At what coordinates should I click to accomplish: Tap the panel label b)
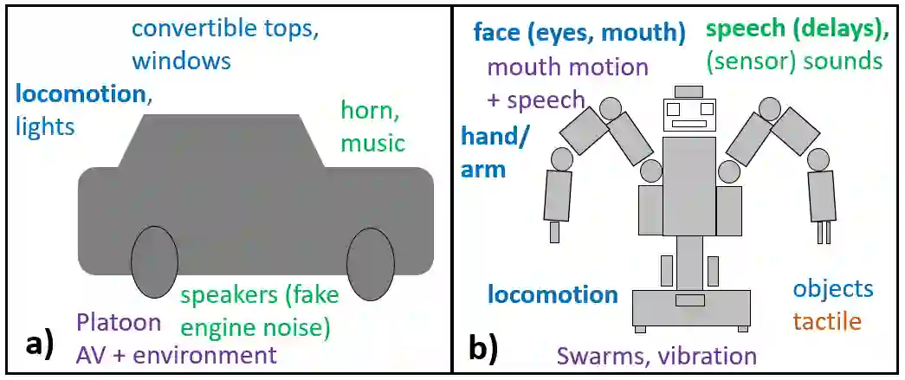click(482, 345)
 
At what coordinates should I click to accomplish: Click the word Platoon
click(118, 323)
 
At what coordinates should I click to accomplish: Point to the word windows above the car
click(182, 61)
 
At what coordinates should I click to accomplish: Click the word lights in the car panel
click(45, 127)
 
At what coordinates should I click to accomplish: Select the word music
click(372, 142)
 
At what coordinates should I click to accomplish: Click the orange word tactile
click(827, 321)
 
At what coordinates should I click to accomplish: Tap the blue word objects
click(833, 289)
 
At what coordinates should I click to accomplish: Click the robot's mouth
click(689, 124)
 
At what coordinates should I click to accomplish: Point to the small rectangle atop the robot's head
click(689, 91)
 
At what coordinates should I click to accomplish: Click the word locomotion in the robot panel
click(553, 294)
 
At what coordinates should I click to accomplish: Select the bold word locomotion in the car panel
click(80, 93)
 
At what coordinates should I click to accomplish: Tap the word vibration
click(708, 356)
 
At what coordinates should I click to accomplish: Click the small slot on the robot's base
click(690, 300)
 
